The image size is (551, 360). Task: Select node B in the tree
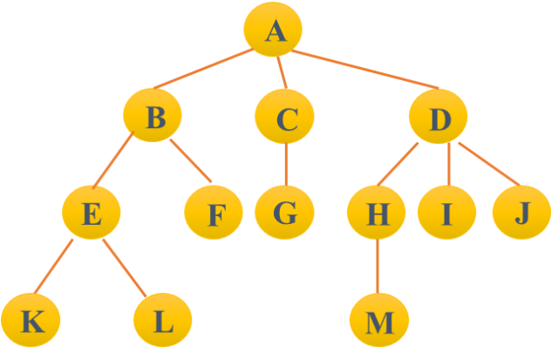point(153,116)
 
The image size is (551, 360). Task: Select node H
point(375,213)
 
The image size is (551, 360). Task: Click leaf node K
point(31,320)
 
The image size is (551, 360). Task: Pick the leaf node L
point(162,320)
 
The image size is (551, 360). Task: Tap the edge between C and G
point(285,164)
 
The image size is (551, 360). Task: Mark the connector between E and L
point(122,265)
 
